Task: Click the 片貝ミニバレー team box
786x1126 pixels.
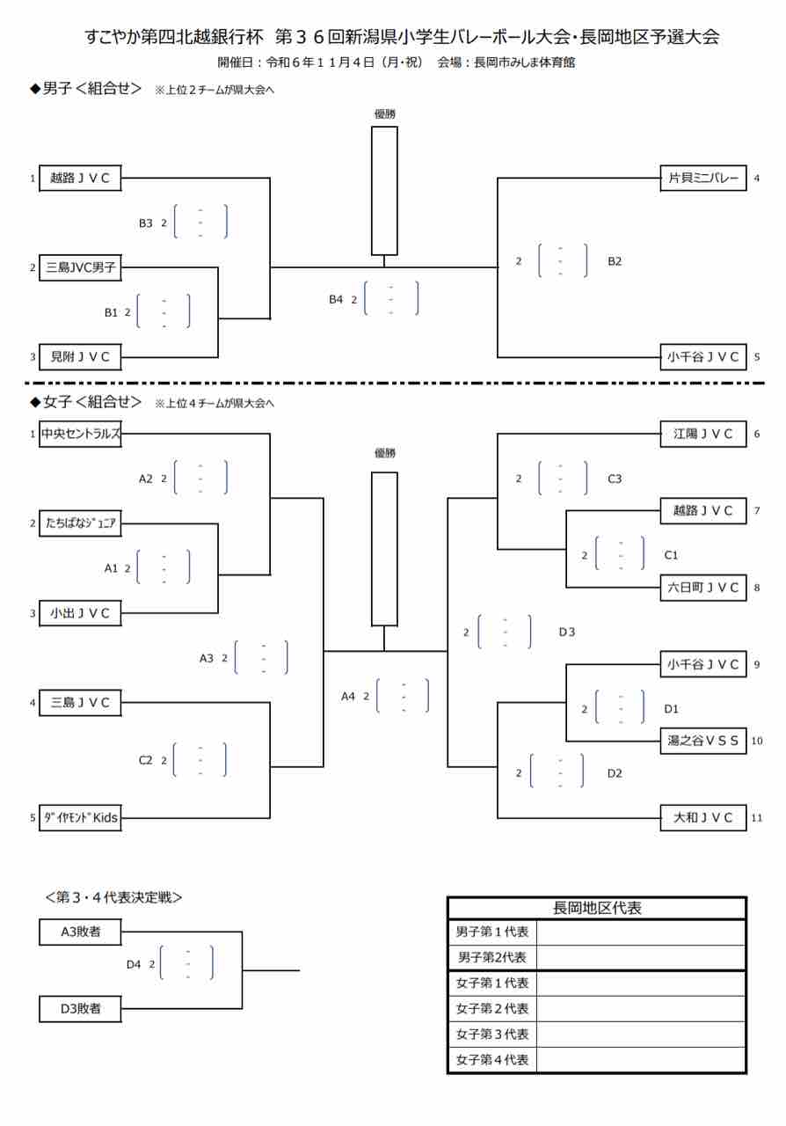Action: point(703,178)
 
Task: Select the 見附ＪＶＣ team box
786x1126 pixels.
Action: point(80,356)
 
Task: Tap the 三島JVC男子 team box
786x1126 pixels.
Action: point(80,267)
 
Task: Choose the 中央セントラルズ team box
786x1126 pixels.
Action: point(80,433)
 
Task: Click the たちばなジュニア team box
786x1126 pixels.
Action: point(80,523)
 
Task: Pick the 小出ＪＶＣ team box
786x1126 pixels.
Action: point(80,613)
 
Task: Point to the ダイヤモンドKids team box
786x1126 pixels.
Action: point(80,817)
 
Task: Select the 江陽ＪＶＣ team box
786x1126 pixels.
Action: point(703,433)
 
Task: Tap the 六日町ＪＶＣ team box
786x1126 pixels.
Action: point(703,587)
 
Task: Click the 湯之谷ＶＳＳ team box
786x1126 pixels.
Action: point(703,741)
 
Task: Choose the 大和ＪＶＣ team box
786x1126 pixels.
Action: point(703,817)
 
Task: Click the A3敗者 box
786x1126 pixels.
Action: point(80,932)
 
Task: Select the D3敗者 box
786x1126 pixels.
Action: point(80,1009)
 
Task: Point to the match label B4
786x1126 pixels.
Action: point(336,300)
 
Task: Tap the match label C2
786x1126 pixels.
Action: point(146,760)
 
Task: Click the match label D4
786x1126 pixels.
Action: point(134,964)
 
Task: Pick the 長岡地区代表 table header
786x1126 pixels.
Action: point(597,908)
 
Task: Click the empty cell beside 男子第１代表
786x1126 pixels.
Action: point(641,932)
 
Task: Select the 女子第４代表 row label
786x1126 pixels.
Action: point(492,1060)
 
